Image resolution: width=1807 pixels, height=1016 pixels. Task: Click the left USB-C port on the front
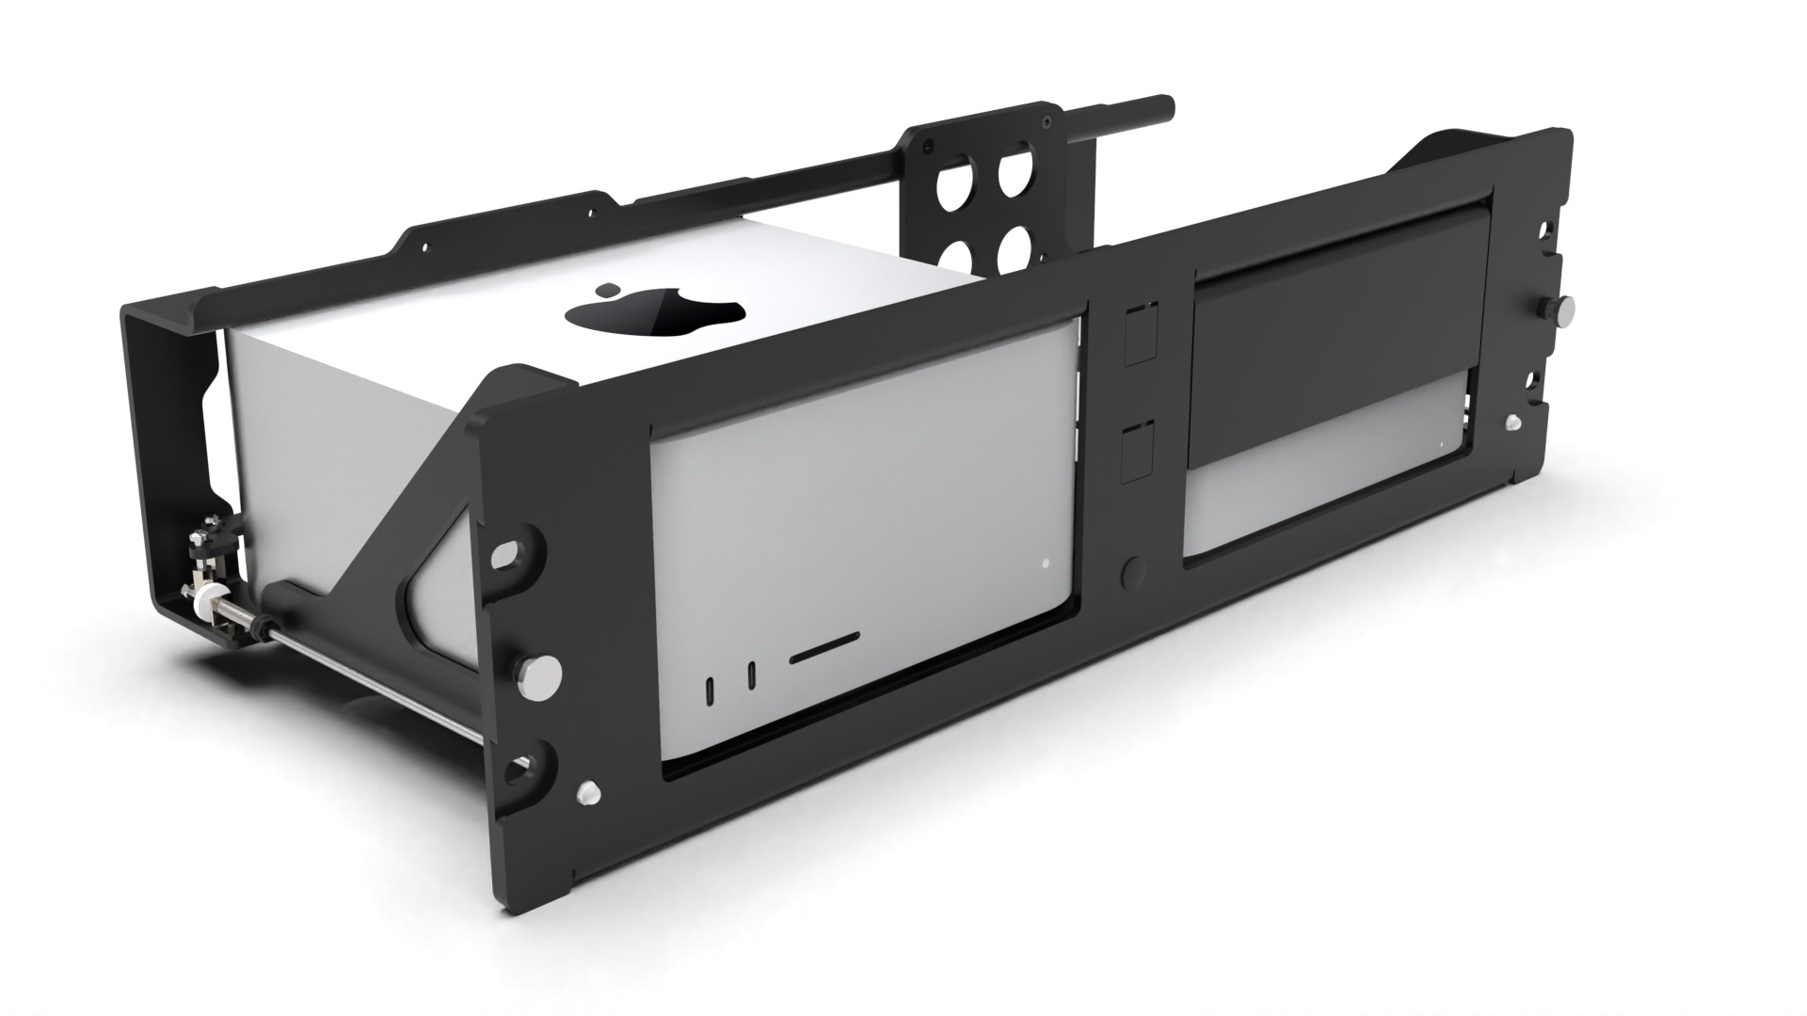(711, 689)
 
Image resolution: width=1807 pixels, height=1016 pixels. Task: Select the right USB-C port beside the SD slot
(751, 675)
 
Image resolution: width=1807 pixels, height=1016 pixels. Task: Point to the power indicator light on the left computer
(1046, 564)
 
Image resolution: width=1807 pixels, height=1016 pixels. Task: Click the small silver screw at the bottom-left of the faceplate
(587, 792)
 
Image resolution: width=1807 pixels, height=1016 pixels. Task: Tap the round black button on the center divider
(1134, 571)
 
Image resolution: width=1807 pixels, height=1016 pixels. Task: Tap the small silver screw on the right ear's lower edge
(1512, 423)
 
